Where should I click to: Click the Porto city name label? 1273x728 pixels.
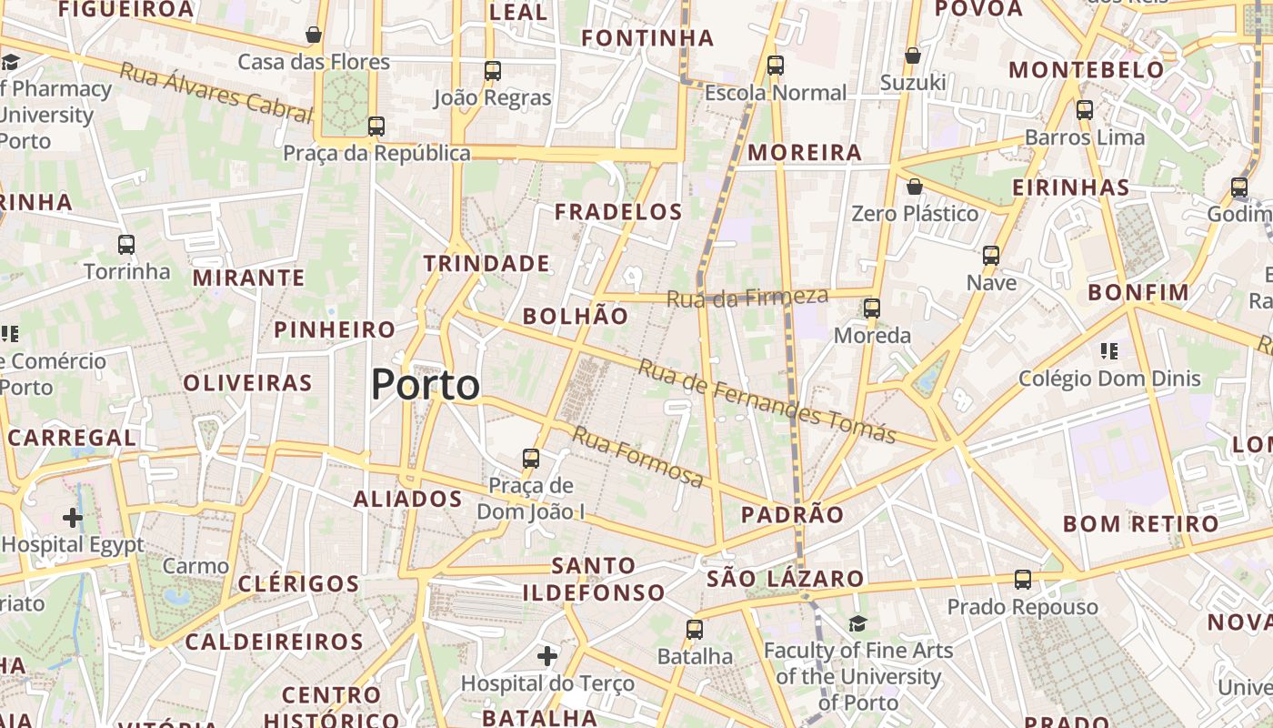pos(426,385)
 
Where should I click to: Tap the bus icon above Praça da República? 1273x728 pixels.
pos(376,126)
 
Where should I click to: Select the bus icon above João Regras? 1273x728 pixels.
pos(493,70)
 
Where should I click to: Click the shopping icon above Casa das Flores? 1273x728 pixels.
pos(314,35)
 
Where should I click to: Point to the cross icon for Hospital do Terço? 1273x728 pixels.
pos(547,655)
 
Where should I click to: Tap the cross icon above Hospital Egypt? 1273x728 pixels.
pos(73,518)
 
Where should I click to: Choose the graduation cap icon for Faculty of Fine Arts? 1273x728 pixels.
pos(857,623)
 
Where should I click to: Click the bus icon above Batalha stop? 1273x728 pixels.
pos(695,629)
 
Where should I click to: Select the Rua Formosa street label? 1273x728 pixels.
pos(636,456)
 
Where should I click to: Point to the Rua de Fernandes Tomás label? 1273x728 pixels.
pos(767,400)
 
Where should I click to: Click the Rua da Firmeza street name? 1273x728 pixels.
pos(747,297)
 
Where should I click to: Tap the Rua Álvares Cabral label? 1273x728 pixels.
pos(216,91)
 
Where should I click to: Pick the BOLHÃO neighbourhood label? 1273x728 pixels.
pos(576,316)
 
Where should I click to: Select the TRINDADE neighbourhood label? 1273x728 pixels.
pos(486,264)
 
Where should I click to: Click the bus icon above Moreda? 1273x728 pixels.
pos(872,308)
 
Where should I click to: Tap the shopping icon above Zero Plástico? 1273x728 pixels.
pos(915,187)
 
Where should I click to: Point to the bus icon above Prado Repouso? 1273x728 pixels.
pos(1023,580)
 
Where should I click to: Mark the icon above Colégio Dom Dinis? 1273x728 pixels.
pos(1108,350)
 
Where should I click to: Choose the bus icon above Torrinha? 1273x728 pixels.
pos(126,245)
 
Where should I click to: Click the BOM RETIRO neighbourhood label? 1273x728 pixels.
pos(1140,524)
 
